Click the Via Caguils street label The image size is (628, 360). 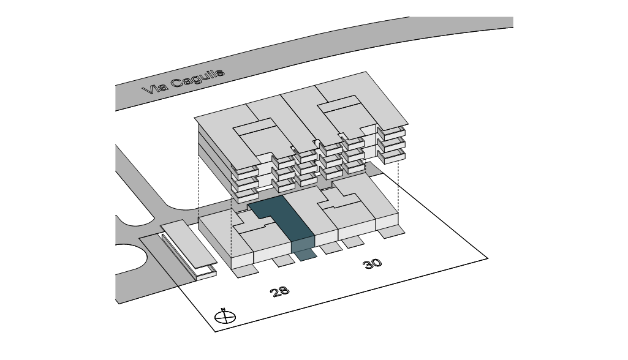pos(183,81)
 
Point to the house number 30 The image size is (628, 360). pos(372,264)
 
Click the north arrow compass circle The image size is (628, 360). pos(225,318)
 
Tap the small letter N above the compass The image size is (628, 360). pos(224,310)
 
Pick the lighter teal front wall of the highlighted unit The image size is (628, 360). pos(303,244)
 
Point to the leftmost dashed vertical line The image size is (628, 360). pos(199,184)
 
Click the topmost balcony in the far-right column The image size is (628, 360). pos(392,132)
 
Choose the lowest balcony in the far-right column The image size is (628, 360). pos(392,156)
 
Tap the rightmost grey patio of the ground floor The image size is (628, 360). pos(390,231)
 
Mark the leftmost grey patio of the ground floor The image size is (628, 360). pos(248,270)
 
